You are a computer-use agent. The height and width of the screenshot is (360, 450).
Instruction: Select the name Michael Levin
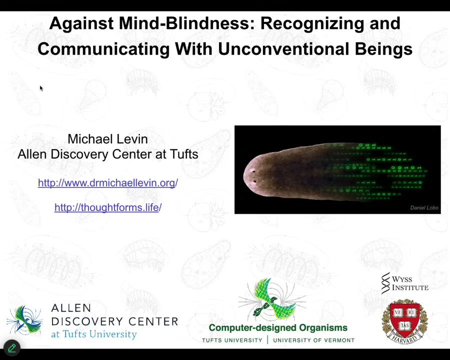coord(107,139)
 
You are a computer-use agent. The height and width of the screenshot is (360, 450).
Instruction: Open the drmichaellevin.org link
coord(108,182)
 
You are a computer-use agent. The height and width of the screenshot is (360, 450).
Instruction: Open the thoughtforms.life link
coord(108,207)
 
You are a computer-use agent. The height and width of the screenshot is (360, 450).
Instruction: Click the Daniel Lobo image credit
coord(424,207)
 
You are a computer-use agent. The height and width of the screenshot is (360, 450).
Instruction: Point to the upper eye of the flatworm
coord(253,171)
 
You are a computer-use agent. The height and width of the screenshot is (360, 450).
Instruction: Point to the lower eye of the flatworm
coord(254,181)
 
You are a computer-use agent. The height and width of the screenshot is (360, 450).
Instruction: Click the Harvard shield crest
coord(404,321)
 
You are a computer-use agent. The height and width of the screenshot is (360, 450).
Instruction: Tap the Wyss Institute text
coord(410,283)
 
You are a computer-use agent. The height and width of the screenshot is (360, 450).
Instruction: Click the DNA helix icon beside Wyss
coord(385,283)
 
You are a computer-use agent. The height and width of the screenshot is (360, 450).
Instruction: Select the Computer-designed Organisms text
coord(278,327)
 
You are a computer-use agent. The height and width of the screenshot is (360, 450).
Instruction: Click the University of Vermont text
coord(313,340)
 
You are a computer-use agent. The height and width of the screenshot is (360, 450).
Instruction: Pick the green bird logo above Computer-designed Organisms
coord(272,299)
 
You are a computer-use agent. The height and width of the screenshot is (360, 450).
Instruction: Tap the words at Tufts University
coord(94,334)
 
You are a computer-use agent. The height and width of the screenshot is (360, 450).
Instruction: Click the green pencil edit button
coord(12,348)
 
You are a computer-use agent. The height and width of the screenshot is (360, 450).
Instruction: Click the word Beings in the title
coord(383,49)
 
